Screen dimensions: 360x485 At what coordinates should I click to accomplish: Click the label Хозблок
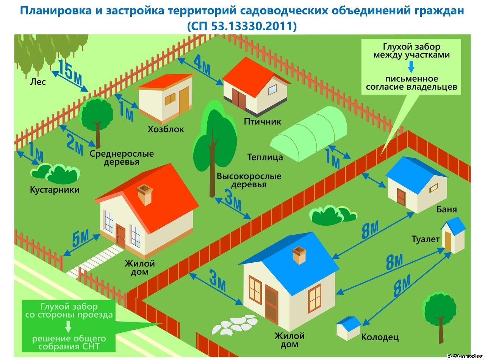166,129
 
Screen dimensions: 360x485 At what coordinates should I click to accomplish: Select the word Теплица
265,157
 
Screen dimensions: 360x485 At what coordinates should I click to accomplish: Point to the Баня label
447,209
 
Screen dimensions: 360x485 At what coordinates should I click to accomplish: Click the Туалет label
426,239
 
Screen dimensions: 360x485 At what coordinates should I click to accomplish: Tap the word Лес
38,81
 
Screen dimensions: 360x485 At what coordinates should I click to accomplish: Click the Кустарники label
55,190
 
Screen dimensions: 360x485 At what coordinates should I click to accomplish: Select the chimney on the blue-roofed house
300,256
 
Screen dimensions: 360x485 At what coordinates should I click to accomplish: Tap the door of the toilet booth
448,242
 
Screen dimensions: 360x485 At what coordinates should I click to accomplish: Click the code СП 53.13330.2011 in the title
242,26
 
